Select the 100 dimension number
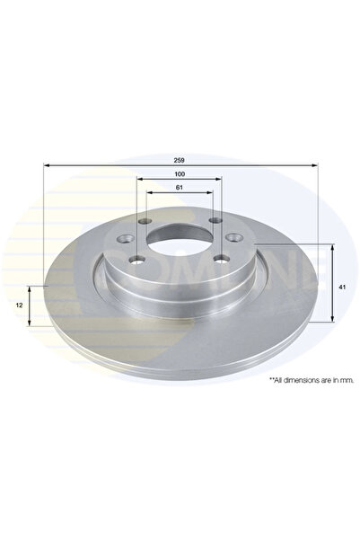click(x=180, y=173)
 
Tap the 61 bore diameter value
click(x=180, y=186)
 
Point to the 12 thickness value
click(x=20, y=306)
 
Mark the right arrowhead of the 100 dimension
click(x=221, y=181)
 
